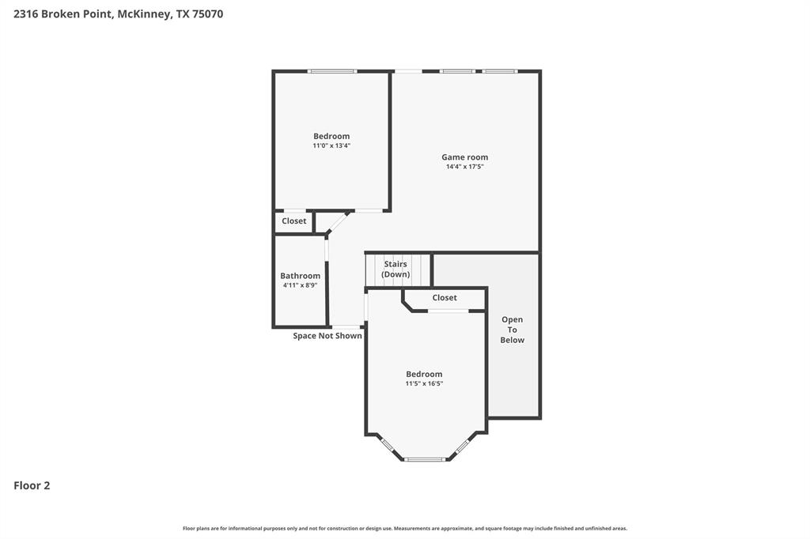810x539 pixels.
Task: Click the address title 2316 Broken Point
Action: (118, 13)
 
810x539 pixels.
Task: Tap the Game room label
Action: (464, 157)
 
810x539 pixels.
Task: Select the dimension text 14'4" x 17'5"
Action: (464, 167)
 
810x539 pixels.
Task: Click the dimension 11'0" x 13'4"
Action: (331, 145)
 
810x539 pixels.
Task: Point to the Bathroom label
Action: (301, 276)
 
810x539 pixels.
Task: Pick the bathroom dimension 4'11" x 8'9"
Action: (301, 285)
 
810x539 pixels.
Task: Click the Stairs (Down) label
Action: (396, 269)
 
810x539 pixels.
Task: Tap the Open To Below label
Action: (512, 330)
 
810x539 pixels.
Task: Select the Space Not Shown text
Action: (327, 336)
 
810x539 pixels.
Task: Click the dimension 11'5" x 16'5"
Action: (424, 383)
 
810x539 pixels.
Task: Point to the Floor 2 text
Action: (32, 485)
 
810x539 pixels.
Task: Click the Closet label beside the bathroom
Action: (293, 221)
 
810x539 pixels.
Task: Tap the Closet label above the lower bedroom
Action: (445, 298)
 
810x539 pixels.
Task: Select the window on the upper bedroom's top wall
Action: (332, 71)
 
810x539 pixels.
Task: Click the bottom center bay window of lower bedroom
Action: (425, 459)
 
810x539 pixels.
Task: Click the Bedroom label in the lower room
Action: (424, 374)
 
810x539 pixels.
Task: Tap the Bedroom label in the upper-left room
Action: (331, 136)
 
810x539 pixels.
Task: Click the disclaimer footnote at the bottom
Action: (405, 528)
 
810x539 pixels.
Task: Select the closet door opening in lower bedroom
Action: (449, 311)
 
